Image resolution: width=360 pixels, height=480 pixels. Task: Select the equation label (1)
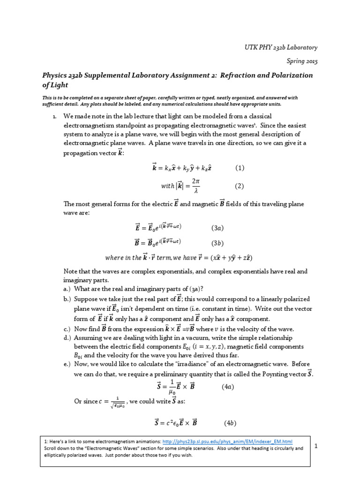coord(240,168)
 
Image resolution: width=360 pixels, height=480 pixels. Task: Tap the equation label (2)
coord(240,186)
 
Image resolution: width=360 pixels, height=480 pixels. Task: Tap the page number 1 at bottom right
coord(316,446)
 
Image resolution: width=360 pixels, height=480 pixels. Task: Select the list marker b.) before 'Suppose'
coord(67,299)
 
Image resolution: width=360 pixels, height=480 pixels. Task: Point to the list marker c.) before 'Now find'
coord(67,328)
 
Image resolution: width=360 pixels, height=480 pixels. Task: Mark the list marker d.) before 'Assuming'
coord(67,337)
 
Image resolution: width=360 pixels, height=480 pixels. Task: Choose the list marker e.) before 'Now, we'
coord(67,364)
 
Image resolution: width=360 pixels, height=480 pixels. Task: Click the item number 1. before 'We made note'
coord(55,116)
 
